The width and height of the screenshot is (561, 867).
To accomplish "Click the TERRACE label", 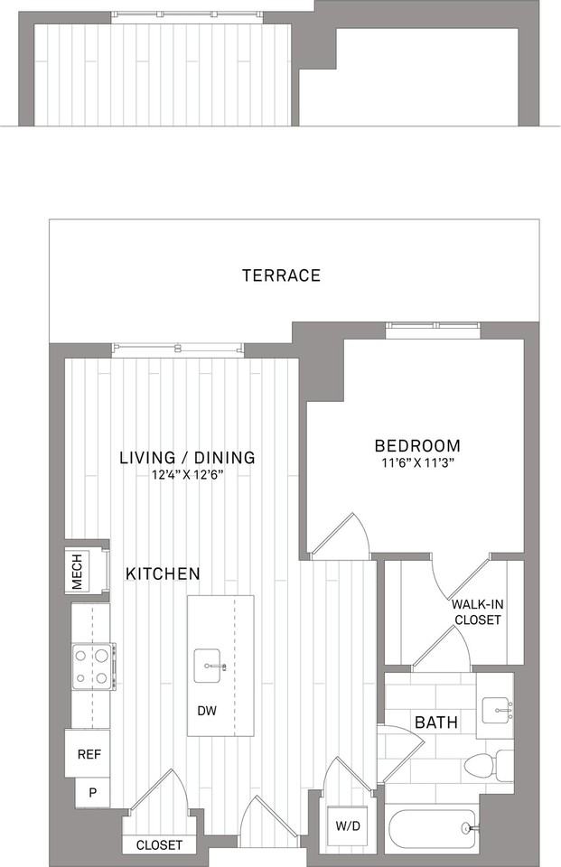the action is click(281, 275).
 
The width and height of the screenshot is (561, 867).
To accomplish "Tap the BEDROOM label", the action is click(417, 445).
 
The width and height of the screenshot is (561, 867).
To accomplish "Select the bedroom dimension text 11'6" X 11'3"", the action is click(417, 462).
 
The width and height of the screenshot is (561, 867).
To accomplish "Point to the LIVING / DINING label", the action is click(188, 457).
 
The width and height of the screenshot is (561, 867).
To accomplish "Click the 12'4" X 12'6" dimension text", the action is click(188, 474).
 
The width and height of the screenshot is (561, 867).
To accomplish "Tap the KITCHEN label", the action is click(163, 573).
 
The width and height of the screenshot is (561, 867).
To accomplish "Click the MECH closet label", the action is click(77, 571).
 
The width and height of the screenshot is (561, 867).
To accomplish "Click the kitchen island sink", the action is click(210, 667).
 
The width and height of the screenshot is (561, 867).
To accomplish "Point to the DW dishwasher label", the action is click(207, 711).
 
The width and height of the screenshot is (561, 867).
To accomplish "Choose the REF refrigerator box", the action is click(88, 753).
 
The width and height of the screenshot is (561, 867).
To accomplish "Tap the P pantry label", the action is click(92, 792).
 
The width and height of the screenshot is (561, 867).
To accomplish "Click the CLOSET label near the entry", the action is click(159, 845).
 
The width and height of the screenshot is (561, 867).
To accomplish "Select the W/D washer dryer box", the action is click(348, 826).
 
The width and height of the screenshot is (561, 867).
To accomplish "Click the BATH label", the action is click(436, 722).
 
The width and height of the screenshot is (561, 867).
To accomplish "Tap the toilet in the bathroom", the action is click(489, 765).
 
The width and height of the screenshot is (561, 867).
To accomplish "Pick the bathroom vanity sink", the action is click(498, 711).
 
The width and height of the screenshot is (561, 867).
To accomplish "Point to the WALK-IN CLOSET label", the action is click(478, 612).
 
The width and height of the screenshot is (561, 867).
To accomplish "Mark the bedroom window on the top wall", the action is click(433, 331).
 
